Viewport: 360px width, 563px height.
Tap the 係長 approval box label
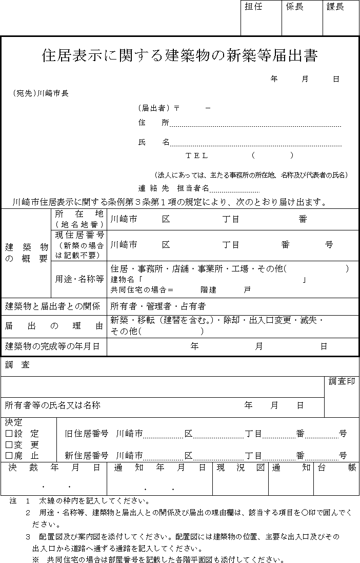[x=294, y=7]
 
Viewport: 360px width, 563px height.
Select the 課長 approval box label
[x=335, y=7]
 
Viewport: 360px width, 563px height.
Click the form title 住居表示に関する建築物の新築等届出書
[x=179, y=55]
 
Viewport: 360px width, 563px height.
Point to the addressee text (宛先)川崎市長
[x=41, y=93]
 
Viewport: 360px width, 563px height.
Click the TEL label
[x=197, y=156]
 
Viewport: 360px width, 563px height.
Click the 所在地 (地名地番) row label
[x=79, y=219]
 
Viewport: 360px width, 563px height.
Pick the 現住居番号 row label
[x=79, y=245]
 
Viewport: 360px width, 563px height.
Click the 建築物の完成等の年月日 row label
[x=52, y=346]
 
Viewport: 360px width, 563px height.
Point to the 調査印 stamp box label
[x=342, y=381]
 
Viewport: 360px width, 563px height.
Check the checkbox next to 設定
[x=9, y=434]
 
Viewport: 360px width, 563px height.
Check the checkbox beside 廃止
[x=9, y=455]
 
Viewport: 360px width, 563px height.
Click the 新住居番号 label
[x=86, y=455]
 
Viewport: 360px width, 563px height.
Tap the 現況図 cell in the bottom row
[x=240, y=467]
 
